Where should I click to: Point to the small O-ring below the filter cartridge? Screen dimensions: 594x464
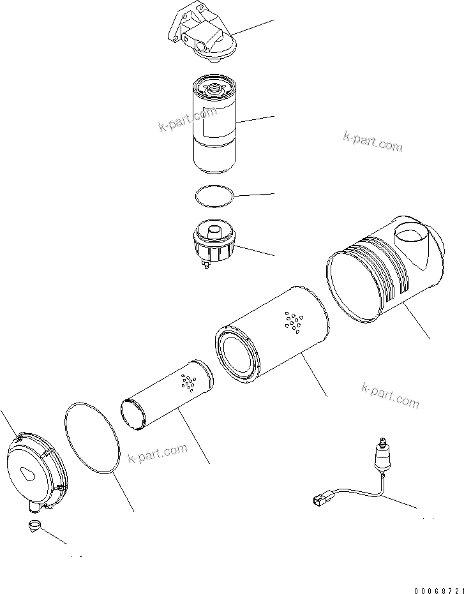214,196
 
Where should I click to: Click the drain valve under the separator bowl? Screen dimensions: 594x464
207,264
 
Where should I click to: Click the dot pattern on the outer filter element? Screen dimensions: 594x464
293,323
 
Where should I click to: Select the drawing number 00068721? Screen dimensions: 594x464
431,588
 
